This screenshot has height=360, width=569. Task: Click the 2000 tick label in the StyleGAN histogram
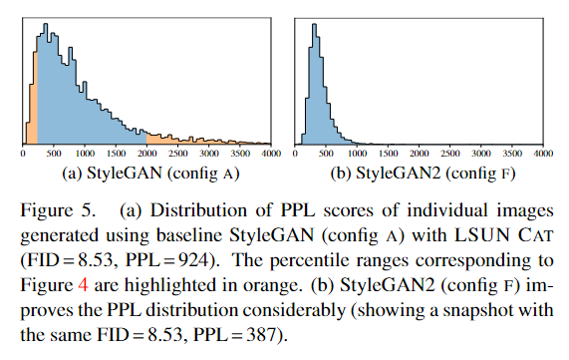pos(147,156)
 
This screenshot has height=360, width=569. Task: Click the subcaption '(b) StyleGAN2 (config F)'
pos(423,177)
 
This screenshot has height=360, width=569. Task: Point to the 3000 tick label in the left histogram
pos(209,156)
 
